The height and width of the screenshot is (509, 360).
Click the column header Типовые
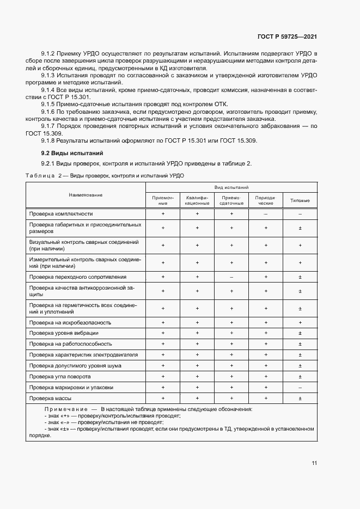point(300,201)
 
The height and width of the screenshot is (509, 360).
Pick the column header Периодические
point(265,200)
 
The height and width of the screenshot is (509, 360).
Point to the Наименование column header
point(86,195)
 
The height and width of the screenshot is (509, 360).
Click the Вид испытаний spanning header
point(231,187)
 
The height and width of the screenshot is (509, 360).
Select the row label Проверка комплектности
point(61,214)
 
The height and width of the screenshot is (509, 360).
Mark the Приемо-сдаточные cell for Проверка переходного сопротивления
point(231,277)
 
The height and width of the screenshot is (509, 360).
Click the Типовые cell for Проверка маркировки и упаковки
point(300,388)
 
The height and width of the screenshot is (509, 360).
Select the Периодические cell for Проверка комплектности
point(265,214)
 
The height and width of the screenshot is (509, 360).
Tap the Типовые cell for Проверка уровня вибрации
point(300,333)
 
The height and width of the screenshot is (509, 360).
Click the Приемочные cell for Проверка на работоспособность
point(162,344)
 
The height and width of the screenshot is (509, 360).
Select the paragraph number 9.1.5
point(50,104)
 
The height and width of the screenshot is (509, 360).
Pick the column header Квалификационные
point(197,200)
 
